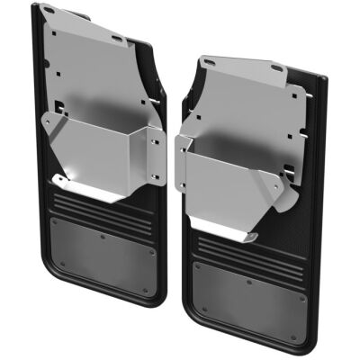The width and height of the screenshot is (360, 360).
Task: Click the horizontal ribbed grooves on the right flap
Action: click(243, 247)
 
